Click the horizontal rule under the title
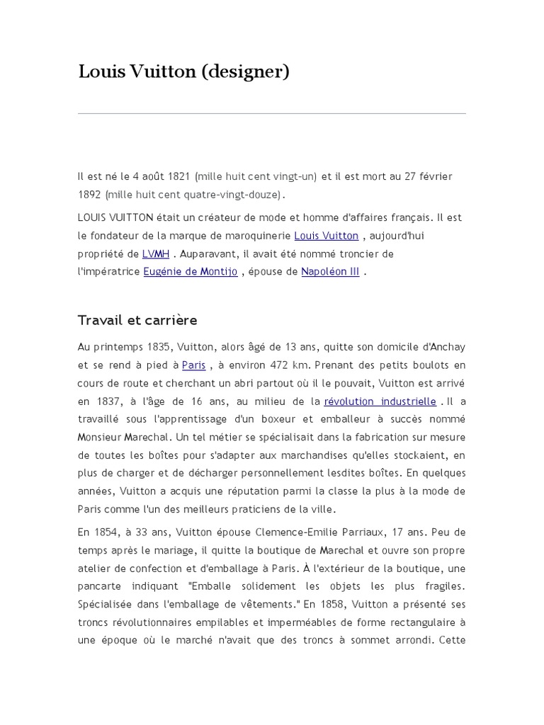click(272, 113)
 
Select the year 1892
click(90, 194)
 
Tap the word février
click(434, 176)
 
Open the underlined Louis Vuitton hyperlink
click(326, 236)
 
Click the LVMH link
click(156, 253)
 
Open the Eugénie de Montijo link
click(190, 271)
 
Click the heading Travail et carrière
click(137, 320)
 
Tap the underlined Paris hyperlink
click(193, 365)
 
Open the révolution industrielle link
click(380, 401)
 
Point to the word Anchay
click(446, 347)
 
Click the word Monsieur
click(100, 438)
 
